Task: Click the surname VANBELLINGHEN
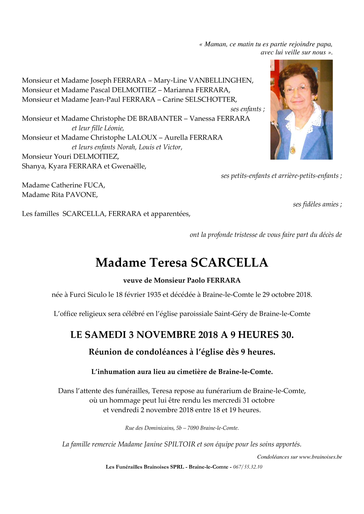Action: (220, 80)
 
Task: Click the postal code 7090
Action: (193, 428)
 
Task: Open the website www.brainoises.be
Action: (320, 457)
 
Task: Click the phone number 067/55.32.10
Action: (248, 467)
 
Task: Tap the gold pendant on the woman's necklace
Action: (293, 149)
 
